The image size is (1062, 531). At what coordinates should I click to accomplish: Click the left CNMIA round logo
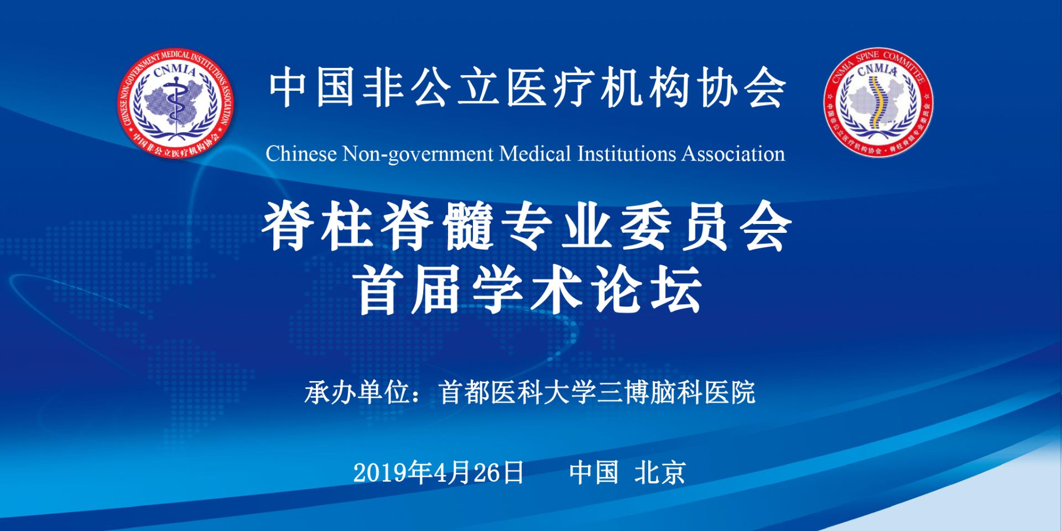(x=175, y=103)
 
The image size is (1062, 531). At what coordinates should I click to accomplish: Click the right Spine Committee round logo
(x=878, y=102)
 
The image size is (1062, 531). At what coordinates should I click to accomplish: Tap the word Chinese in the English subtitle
(x=301, y=154)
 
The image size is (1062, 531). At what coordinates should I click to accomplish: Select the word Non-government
(x=418, y=154)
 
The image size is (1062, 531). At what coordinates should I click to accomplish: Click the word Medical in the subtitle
(x=535, y=154)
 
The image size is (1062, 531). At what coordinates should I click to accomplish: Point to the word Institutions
(x=627, y=154)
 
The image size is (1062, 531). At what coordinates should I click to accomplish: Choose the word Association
(x=733, y=154)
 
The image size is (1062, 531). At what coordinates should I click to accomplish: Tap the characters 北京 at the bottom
(x=660, y=473)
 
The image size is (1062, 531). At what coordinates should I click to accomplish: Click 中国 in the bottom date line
(x=594, y=473)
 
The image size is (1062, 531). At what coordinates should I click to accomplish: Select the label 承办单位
(x=357, y=393)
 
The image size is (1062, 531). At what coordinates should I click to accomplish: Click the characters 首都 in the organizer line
(x=465, y=393)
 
